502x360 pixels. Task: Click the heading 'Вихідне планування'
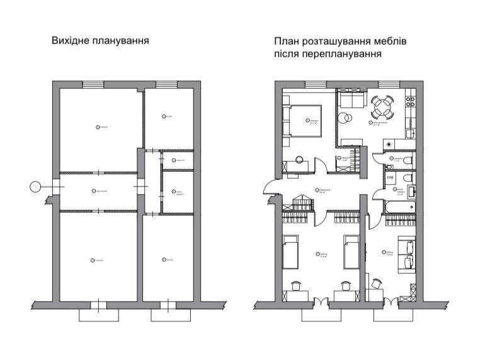coord(100,42)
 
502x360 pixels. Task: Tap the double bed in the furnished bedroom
coord(305,120)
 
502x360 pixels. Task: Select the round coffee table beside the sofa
coord(346,117)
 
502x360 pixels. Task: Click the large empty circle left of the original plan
coord(36,186)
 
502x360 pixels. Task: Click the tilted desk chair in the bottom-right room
coord(377,284)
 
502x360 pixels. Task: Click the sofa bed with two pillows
coord(406,254)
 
